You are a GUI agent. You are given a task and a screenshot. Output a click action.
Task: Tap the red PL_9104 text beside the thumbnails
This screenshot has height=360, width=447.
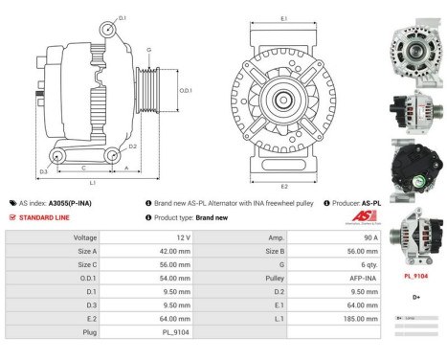click(414, 275)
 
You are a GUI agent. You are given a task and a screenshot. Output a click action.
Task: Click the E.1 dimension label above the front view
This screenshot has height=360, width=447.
click(284, 19)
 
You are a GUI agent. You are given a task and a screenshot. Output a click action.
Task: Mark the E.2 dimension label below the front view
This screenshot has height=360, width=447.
click(284, 185)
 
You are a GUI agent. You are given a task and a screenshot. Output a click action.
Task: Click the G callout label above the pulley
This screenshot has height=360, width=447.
click(149, 50)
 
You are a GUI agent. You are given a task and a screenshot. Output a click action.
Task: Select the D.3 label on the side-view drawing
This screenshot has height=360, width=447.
click(44, 172)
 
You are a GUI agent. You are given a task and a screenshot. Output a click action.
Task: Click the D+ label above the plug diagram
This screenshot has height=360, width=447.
click(413, 298)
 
